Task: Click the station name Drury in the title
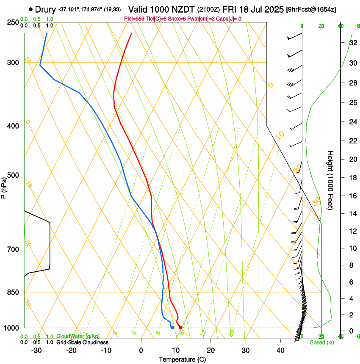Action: pos(46,9)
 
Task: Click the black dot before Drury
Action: pos(31,9)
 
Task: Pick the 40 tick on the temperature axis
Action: pos(280,350)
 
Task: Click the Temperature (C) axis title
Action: pos(182,359)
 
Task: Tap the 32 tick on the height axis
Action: pos(353,43)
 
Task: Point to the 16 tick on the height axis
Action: pos(353,196)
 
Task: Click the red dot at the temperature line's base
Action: pos(180,328)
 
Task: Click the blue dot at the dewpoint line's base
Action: pos(172,328)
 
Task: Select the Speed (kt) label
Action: pos(321,342)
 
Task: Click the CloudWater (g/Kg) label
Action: pos(78,336)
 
